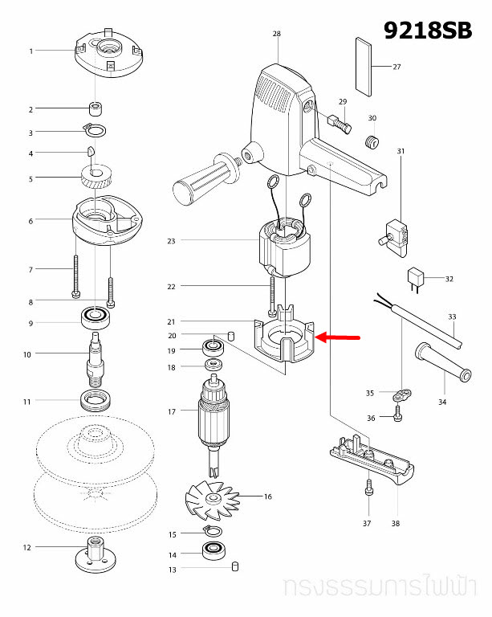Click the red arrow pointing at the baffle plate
point(340,337)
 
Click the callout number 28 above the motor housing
point(277,34)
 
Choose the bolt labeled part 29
point(339,124)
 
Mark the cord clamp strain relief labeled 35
point(401,394)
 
